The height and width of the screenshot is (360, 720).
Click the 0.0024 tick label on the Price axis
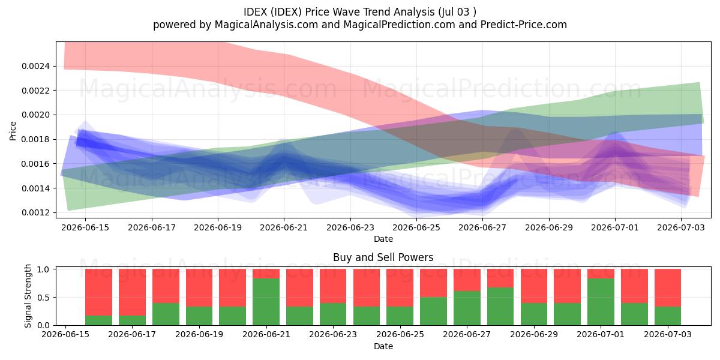(35, 66)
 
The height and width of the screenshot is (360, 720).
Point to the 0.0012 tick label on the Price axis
(35, 213)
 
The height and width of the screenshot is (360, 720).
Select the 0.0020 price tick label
(35, 115)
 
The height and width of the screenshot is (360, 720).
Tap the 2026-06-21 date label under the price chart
(284, 227)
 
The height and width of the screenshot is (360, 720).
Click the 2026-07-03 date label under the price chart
(681, 227)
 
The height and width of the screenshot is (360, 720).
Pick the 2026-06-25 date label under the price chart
(416, 227)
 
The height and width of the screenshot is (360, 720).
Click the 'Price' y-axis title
(13, 131)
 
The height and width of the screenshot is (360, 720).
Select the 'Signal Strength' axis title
(28, 296)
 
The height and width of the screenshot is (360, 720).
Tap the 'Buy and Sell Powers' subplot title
(383, 257)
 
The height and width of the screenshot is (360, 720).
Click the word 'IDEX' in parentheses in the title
(283, 12)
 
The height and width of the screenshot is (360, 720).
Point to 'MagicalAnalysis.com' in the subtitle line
(266, 25)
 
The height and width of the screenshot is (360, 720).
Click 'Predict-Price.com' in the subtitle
(524, 25)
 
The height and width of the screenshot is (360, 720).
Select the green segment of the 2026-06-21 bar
(266, 302)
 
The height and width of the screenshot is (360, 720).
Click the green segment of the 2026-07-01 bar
(601, 302)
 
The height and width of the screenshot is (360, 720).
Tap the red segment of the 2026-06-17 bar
(132, 292)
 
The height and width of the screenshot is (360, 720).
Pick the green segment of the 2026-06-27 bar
(467, 308)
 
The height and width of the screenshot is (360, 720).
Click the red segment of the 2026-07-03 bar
(668, 287)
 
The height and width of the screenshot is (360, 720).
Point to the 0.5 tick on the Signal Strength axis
(43, 298)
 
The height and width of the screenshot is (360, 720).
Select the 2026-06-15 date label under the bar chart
(65, 335)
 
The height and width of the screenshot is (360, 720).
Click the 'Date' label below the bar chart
(383, 346)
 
